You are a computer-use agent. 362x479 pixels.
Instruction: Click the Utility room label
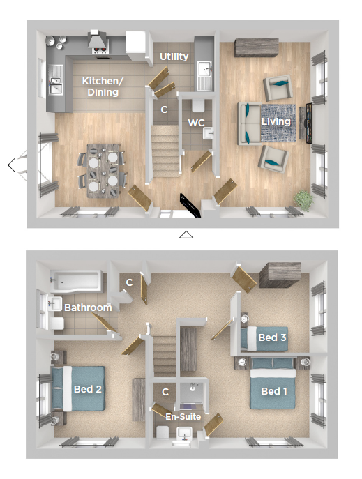(174, 56)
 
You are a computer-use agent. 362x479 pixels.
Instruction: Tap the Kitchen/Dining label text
(103, 86)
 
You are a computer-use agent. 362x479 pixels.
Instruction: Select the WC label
(196, 123)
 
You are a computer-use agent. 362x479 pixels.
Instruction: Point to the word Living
(276, 121)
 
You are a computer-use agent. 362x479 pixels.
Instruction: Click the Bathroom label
(88, 307)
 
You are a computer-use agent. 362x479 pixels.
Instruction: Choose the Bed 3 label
(272, 337)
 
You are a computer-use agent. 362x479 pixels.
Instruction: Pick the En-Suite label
(183, 417)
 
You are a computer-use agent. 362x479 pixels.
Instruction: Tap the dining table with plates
(103, 170)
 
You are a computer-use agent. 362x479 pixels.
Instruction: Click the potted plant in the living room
(303, 200)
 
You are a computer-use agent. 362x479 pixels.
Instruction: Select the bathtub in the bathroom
(76, 280)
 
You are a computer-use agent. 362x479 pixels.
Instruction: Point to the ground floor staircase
(165, 151)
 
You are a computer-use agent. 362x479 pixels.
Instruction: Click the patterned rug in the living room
(278, 123)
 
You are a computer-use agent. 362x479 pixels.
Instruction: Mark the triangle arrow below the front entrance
(186, 235)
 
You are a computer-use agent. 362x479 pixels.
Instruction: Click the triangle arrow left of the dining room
(12, 165)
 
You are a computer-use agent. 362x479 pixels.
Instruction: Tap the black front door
(190, 205)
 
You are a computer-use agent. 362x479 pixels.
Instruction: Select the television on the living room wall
(309, 123)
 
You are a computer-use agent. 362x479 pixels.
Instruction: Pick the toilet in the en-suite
(163, 432)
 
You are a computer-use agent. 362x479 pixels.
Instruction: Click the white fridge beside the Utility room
(135, 45)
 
